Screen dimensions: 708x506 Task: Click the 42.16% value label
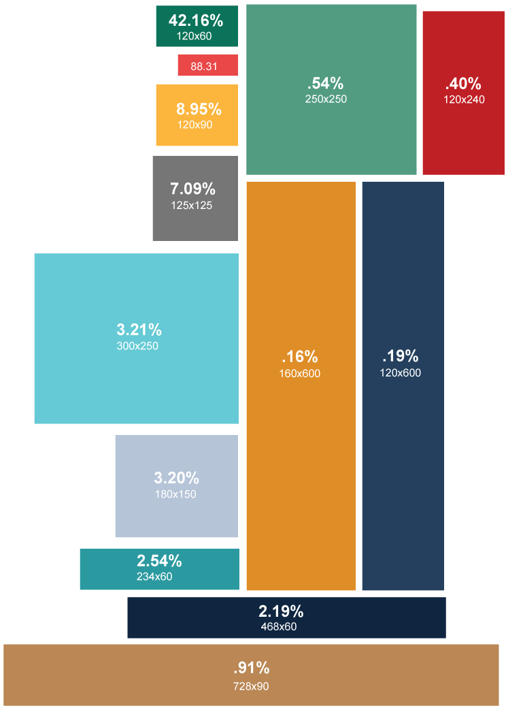coord(196,20)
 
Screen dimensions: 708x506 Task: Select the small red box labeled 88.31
coord(207,65)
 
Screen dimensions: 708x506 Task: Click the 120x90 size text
coord(195,125)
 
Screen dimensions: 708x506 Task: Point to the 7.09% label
coord(192,189)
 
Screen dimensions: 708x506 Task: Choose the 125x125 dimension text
coord(192,205)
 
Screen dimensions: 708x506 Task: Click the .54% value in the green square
coord(325,84)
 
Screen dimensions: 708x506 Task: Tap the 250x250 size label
coord(326,99)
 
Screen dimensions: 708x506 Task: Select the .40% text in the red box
coord(463,84)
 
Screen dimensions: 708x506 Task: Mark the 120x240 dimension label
coord(464,99)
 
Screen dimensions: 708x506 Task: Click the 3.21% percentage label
coord(139,330)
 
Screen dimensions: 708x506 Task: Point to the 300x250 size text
coord(137,346)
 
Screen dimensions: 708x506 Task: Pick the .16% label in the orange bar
coord(299,357)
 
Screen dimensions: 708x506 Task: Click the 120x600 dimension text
coord(400,373)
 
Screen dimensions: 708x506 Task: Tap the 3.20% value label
coord(176,478)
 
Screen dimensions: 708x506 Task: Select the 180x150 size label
coord(175,494)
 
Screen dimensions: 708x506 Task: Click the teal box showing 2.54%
coord(159,569)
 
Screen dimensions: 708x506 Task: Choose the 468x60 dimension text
coord(278,626)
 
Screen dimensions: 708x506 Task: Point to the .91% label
coord(251,668)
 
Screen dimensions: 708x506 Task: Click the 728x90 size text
coord(251,686)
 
